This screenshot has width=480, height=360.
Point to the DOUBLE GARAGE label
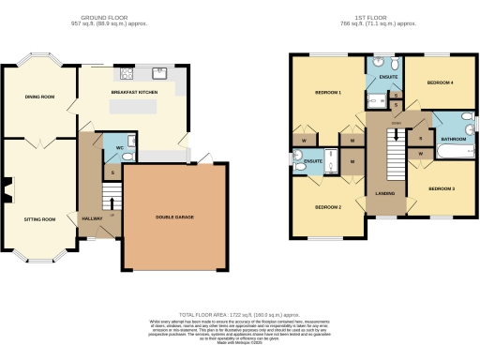(x=175, y=217)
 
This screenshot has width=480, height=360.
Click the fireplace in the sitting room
(x=7, y=191)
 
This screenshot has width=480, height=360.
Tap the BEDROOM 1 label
(x=327, y=93)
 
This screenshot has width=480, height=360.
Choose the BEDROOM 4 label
(x=441, y=82)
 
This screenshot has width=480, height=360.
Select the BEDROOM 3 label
(x=442, y=189)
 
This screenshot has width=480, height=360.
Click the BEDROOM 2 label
(x=327, y=206)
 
